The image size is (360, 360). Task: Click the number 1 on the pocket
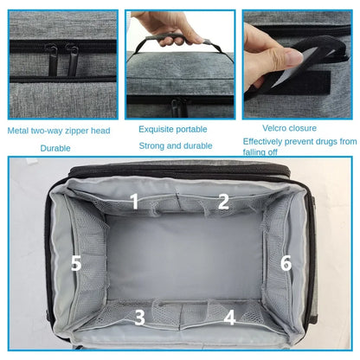[134, 202]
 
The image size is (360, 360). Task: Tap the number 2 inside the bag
[223, 202]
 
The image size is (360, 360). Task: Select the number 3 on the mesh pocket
[139, 317]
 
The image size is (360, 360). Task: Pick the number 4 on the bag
[229, 317]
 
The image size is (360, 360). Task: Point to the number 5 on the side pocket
[76, 263]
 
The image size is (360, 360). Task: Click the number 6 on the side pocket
[286, 263]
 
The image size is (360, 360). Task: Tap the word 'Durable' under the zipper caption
[55, 148]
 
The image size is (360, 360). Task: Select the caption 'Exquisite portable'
[173, 128]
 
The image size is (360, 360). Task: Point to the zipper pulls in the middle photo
[179, 106]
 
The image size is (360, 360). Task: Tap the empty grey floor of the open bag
[182, 260]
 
